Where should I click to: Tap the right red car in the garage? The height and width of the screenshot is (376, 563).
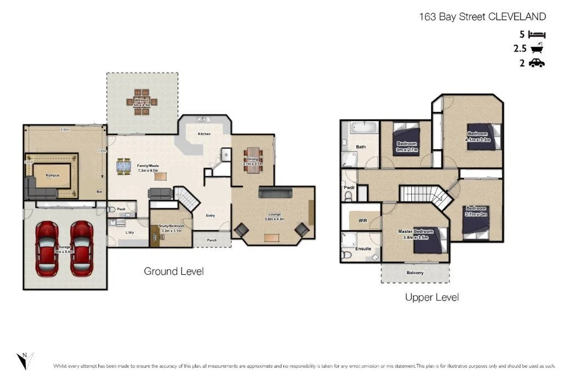(81, 249)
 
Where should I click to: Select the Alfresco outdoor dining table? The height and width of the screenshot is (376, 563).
(142, 102)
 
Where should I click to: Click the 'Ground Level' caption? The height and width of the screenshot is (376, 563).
(174, 271)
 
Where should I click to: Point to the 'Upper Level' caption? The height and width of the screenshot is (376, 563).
(432, 297)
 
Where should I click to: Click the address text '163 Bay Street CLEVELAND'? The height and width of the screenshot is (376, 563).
(482, 17)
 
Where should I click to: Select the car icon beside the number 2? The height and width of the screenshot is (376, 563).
(537, 63)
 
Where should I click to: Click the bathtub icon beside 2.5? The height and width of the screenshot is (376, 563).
(537, 48)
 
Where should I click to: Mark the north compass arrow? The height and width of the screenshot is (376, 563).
(25, 361)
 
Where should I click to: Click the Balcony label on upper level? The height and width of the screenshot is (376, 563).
(415, 273)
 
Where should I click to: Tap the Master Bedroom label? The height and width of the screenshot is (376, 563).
(415, 232)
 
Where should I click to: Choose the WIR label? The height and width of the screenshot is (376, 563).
(362, 220)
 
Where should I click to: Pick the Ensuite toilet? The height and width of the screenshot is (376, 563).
(346, 256)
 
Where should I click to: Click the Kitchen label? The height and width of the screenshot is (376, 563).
(204, 134)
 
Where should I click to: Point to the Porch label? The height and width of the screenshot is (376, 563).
(212, 240)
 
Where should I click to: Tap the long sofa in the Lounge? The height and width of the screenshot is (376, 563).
(275, 193)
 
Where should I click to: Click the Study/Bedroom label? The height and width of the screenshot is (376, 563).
(172, 227)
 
